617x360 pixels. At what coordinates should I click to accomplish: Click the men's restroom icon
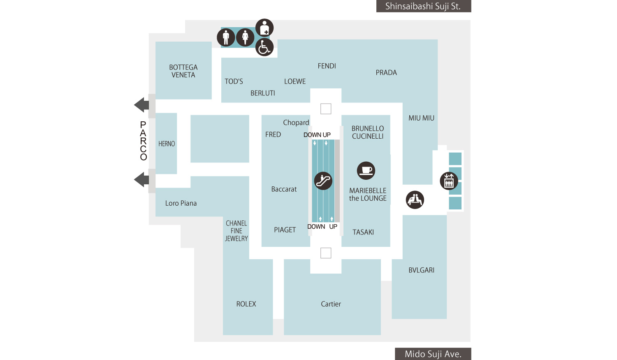click(226, 37)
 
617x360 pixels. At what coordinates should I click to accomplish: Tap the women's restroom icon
click(245, 37)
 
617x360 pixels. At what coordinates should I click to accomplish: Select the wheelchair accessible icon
click(264, 47)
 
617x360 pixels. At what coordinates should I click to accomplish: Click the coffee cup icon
click(366, 170)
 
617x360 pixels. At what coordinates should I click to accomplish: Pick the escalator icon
click(323, 181)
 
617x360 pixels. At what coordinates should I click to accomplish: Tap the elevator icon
click(449, 181)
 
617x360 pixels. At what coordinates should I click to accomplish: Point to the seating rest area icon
click(415, 200)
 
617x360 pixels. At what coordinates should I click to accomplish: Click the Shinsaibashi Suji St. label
click(424, 6)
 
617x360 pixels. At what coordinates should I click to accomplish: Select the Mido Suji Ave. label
click(433, 354)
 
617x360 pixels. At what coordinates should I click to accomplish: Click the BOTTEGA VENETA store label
click(183, 71)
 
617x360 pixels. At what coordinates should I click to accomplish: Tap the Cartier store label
click(331, 304)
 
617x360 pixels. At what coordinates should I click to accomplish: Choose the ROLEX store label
click(246, 304)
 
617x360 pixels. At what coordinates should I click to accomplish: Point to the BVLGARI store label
click(422, 270)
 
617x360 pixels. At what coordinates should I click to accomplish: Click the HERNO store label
click(167, 144)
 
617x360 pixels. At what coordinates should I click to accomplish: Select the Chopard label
click(296, 123)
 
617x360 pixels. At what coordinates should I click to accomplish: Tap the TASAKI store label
click(363, 232)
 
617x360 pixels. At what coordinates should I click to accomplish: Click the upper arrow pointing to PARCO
click(141, 105)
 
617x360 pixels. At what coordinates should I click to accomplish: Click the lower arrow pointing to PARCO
click(141, 179)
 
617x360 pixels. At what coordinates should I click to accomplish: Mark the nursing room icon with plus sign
click(264, 28)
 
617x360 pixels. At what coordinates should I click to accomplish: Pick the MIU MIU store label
click(422, 118)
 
